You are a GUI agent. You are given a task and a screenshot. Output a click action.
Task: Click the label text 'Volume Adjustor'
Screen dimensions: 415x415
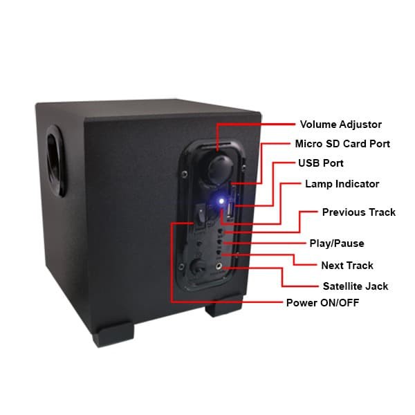coord(340,124)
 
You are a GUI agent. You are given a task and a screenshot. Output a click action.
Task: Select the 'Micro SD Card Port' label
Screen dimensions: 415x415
coord(342,144)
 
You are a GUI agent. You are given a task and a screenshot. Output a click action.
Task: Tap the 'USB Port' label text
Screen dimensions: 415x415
coord(321,163)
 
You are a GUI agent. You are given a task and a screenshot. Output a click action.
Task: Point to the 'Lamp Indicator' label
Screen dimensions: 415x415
coord(342,184)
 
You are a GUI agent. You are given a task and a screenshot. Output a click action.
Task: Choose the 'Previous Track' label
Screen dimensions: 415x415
coord(358,212)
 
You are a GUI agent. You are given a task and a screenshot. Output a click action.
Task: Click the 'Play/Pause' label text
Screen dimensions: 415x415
coord(337,243)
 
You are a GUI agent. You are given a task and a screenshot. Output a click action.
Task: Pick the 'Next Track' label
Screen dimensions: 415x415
coord(347,266)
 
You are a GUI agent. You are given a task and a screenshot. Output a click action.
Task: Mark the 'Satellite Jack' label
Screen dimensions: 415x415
coord(356,286)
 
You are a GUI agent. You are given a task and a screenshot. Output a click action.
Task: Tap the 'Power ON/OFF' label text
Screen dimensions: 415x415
coord(322,303)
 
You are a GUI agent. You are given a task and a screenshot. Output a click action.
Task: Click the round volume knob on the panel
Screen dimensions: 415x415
coord(220,169)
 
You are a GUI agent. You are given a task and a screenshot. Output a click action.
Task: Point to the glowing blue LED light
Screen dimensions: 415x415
coord(221,201)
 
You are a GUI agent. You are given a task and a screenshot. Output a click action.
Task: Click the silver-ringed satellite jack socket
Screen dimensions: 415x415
coord(219,266)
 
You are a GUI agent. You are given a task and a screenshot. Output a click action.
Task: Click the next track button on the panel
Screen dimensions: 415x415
coord(219,252)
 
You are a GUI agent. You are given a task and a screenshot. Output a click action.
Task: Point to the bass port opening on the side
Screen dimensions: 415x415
coord(55,161)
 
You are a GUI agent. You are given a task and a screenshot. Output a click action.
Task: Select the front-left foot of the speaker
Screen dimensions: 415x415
coord(113,334)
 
